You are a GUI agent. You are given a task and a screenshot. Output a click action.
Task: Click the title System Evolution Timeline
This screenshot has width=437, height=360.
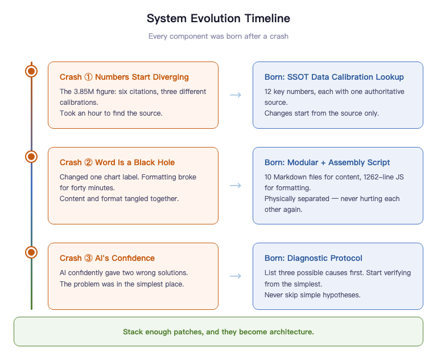pyautogui.click(x=218, y=18)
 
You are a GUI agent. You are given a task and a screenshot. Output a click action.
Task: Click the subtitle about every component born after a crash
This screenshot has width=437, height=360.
pyautogui.click(x=218, y=36)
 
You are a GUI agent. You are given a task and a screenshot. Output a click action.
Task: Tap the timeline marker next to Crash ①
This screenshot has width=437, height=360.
pyautogui.click(x=31, y=71)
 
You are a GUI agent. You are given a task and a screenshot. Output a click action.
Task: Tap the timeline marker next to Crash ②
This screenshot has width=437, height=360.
pyautogui.click(x=31, y=156)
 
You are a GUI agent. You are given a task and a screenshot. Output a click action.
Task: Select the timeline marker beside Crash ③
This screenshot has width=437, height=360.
pyautogui.click(x=31, y=252)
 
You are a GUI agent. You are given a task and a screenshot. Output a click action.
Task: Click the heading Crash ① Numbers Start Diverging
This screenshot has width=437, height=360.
pyautogui.click(x=124, y=77)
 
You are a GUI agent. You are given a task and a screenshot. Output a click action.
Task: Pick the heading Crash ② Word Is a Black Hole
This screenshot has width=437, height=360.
pyautogui.click(x=117, y=162)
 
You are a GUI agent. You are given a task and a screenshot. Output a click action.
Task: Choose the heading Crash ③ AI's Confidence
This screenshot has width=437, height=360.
pyautogui.click(x=107, y=258)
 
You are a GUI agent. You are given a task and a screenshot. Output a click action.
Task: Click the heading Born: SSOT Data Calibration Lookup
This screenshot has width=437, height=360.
pyautogui.click(x=334, y=77)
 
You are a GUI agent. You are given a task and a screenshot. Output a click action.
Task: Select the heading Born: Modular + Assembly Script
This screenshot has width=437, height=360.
pyautogui.click(x=327, y=162)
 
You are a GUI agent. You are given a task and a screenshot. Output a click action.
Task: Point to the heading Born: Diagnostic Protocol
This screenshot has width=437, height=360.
pyautogui.click(x=314, y=258)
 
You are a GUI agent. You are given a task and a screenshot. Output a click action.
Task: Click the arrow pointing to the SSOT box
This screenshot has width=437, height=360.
pyautogui.click(x=235, y=95)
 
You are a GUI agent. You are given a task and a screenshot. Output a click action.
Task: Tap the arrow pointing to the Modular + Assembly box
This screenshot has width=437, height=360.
pyautogui.click(x=235, y=185)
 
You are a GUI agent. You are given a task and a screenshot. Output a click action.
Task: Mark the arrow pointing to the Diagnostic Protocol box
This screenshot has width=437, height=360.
pyautogui.click(x=235, y=276)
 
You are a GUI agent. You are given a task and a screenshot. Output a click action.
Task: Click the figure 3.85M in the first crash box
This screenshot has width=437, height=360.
pyautogui.click(x=84, y=92)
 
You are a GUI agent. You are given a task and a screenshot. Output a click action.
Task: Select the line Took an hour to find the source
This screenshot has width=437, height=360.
pyautogui.click(x=111, y=113)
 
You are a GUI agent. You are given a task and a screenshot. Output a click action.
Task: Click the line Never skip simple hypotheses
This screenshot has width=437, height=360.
pyautogui.click(x=312, y=294)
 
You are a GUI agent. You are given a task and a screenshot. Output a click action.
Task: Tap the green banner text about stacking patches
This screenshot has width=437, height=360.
pyautogui.click(x=218, y=332)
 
